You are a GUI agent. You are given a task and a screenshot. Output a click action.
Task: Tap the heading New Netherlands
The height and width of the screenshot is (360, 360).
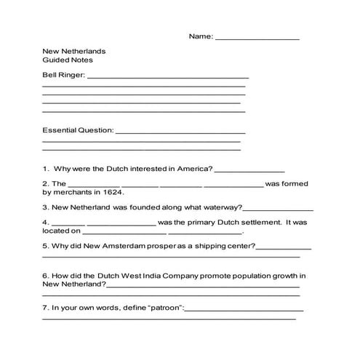(74, 52)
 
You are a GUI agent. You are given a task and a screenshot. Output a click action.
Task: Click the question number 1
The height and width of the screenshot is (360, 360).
(45, 169)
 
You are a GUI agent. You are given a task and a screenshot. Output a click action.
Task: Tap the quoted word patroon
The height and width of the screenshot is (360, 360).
(163, 308)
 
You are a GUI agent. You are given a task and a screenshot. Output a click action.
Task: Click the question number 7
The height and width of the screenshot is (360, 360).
(45, 308)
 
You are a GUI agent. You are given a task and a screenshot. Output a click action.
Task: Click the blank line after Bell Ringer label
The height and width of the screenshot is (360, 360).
(168, 77)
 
